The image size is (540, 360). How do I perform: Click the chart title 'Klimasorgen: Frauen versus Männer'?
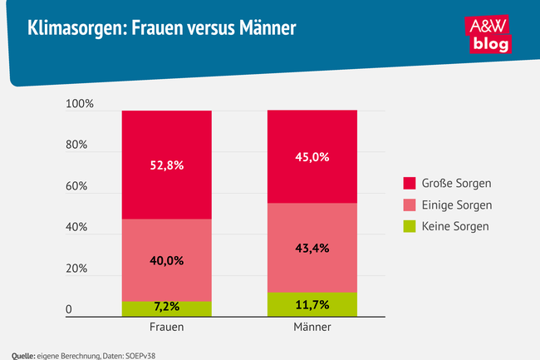click(x=161, y=29)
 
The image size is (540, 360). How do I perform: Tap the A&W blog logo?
click(x=489, y=34)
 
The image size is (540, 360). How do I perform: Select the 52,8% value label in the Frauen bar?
click(x=167, y=165)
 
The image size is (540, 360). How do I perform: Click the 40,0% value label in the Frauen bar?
click(x=167, y=260)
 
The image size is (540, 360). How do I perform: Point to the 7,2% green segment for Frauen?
click(x=167, y=308)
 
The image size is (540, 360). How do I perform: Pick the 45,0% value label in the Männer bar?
click(x=312, y=156)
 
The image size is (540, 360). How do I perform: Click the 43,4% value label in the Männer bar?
click(x=312, y=249)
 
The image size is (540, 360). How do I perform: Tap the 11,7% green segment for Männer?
click(x=312, y=304)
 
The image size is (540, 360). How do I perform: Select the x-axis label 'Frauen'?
click(x=167, y=328)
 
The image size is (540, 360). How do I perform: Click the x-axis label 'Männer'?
click(x=312, y=328)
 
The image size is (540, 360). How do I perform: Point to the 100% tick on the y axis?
click(x=81, y=105)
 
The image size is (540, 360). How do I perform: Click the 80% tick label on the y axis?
click(x=77, y=145)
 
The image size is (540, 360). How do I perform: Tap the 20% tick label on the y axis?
click(x=77, y=269)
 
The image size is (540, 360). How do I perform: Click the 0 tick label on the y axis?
click(x=69, y=310)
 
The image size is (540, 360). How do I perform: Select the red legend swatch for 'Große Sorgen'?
click(x=410, y=183)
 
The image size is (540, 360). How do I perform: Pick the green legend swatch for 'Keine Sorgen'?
click(x=410, y=225)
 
